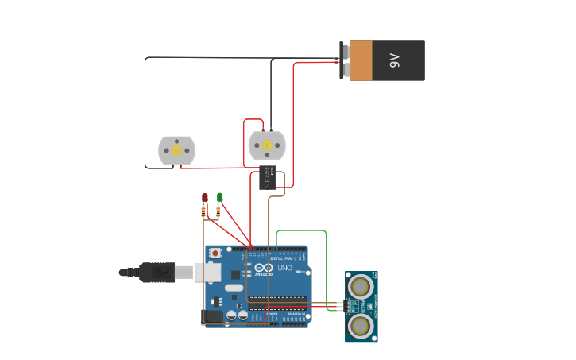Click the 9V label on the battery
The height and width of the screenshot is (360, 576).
click(395, 60)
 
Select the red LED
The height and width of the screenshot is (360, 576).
click(204, 197)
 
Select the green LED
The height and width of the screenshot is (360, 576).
click(220, 196)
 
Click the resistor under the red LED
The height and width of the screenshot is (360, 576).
click(204, 211)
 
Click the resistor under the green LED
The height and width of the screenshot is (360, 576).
click(218, 211)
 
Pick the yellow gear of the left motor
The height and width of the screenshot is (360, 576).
click(176, 150)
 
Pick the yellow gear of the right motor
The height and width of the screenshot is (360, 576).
click(267, 145)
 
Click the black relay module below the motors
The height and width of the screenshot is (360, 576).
click(267, 177)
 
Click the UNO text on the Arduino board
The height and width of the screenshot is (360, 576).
click(284, 269)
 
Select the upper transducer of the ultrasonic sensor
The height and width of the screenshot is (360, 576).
click(361, 285)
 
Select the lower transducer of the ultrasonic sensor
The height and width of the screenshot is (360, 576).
click(361, 325)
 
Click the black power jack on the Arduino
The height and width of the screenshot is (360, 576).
click(212, 316)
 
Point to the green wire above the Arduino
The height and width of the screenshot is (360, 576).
click(302, 231)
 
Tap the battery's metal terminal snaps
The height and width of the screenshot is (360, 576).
click(344, 60)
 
